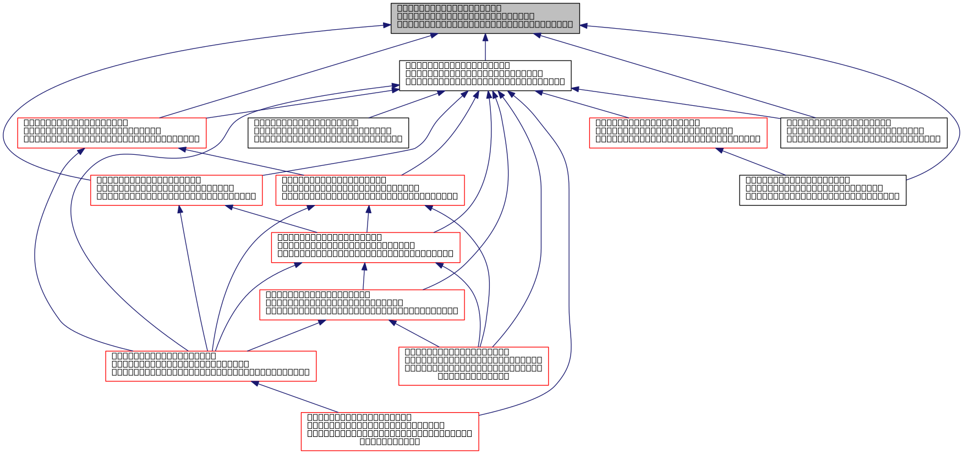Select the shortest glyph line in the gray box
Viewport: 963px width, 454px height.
[x=448, y=8]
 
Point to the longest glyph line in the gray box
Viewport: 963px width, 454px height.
[x=484, y=25]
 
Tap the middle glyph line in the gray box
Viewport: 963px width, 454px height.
[x=465, y=16]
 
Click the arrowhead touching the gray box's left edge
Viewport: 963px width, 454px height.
[x=387, y=25]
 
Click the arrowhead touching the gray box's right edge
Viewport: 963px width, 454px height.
[x=584, y=26]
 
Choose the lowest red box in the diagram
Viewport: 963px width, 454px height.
[x=390, y=431]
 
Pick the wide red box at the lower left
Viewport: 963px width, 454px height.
[x=211, y=366]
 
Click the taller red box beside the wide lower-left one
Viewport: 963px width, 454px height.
[x=473, y=366]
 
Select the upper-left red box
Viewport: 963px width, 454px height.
[x=112, y=133]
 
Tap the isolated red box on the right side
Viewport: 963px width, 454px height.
[x=678, y=133]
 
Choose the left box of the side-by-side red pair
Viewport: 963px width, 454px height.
[x=176, y=190]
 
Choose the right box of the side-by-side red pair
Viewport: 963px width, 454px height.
[x=370, y=190]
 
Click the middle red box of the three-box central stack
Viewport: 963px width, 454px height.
[x=365, y=247]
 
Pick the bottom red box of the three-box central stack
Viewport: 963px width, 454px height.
[x=362, y=305]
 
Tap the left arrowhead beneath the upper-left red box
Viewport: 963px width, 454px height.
[x=80, y=151]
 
